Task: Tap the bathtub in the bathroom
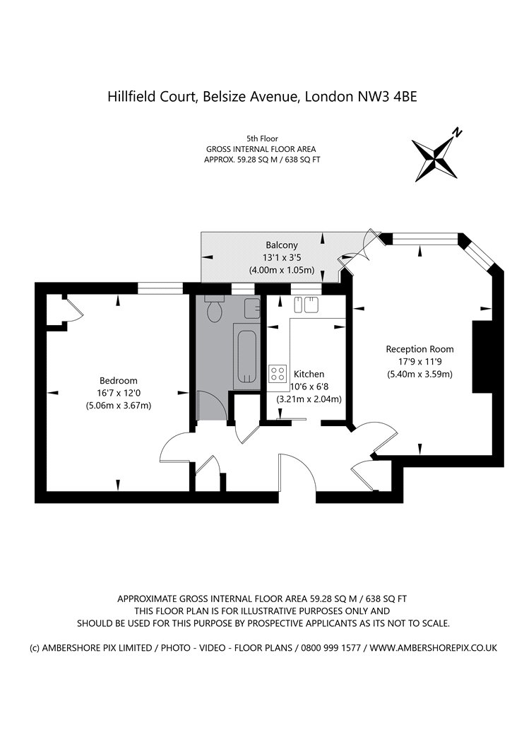pyautogui.click(x=246, y=356)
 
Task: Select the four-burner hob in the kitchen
pyautogui.click(x=278, y=374)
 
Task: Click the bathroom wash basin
pyautogui.click(x=252, y=309)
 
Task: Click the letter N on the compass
pyautogui.click(x=456, y=133)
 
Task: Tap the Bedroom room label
pyautogui.click(x=118, y=380)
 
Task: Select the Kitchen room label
pyautogui.click(x=309, y=374)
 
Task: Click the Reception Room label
pyautogui.click(x=419, y=349)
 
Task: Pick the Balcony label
pyautogui.click(x=282, y=245)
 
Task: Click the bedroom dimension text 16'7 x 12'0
pyautogui.click(x=118, y=393)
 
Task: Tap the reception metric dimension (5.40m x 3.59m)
pyautogui.click(x=420, y=375)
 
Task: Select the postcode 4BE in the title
pyautogui.click(x=406, y=97)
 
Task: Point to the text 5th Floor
pyautogui.click(x=262, y=139)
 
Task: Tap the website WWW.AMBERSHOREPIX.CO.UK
pyautogui.click(x=433, y=648)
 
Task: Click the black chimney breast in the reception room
pyautogui.click(x=482, y=356)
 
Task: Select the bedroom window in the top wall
pyautogui.click(x=160, y=288)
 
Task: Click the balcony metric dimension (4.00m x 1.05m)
pyautogui.click(x=282, y=270)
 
